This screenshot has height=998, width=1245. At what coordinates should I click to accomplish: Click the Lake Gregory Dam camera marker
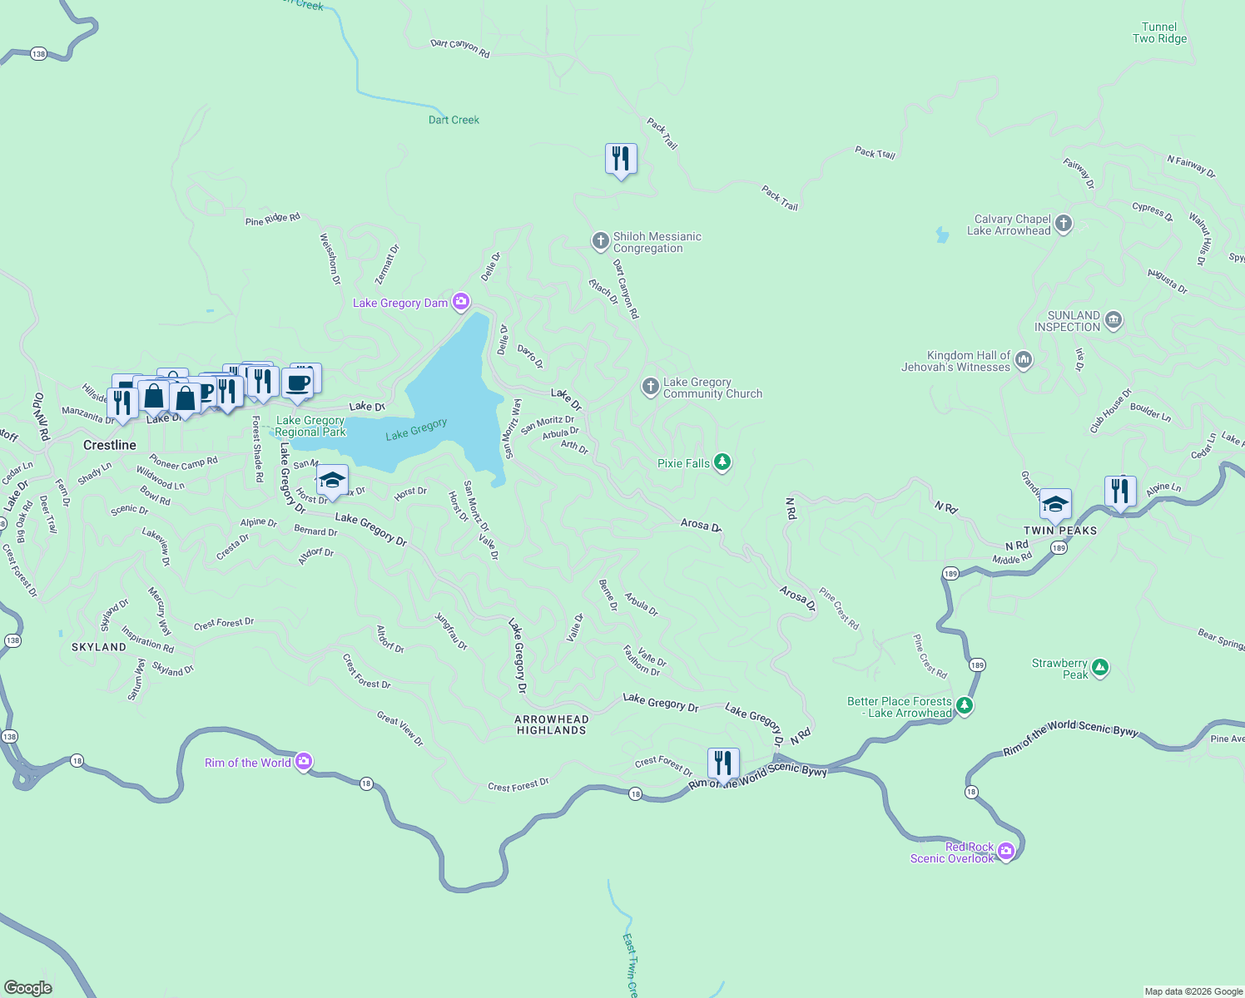click(460, 302)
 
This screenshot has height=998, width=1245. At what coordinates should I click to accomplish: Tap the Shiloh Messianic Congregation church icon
click(600, 241)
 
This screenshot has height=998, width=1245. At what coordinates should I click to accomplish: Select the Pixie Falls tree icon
click(722, 462)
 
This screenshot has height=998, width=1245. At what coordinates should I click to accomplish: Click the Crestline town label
click(110, 445)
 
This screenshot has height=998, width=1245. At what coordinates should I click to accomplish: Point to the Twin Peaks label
click(1060, 531)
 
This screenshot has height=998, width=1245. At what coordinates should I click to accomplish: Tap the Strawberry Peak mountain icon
click(1100, 668)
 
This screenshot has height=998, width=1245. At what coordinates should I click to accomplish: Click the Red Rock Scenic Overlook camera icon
click(1006, 851)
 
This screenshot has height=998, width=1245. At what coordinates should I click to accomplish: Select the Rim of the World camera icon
click(304, 762)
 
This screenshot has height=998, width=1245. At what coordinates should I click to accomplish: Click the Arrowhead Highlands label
click(552, 724)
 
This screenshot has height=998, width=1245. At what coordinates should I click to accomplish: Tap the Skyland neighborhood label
click(99, 647)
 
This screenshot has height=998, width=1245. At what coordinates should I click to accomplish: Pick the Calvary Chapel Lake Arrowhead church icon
click(1063, 224)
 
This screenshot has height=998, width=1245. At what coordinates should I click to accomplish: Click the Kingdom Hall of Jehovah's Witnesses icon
click(1024, 360)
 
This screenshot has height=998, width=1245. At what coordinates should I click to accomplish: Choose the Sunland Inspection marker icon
click(1114, 320)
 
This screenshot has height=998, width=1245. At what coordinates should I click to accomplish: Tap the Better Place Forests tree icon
click(965, 706)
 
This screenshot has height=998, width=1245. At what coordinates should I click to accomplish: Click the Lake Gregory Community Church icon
click(650, 387)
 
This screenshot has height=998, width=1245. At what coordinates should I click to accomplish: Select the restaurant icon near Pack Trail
click(621, 158)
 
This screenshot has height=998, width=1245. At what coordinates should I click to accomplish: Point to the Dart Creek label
click(454, 120)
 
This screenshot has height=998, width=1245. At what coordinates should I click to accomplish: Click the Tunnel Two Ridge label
click(1159, 32)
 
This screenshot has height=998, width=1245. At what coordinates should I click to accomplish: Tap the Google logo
click(28, 987)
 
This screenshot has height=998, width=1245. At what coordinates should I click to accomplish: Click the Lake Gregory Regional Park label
click(310, 426)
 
